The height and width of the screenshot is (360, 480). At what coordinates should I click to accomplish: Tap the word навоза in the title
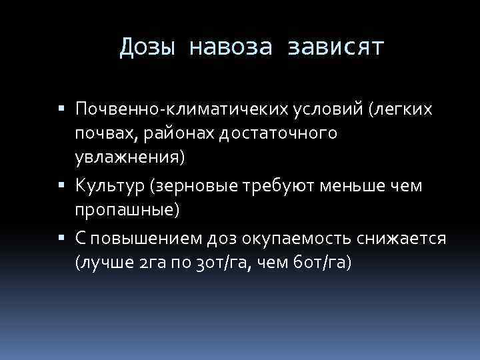click(x=231, y=48)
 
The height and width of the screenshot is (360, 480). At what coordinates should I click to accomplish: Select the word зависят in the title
click(x=335, y=48)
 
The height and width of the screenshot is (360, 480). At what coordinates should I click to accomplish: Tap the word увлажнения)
click(x=130, y=160)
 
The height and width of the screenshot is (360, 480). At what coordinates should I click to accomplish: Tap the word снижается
click(x=407, y=239)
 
